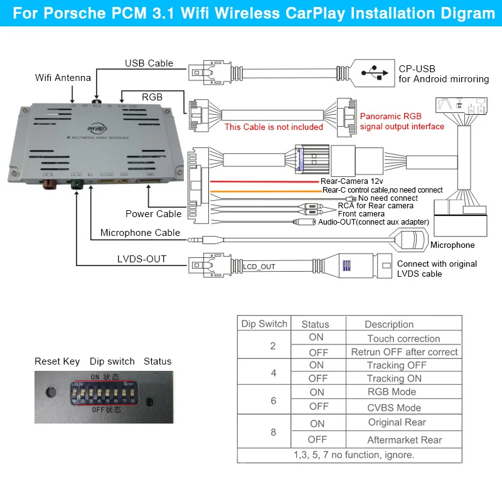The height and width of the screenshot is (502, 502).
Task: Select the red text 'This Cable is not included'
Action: click(x=274, y=127)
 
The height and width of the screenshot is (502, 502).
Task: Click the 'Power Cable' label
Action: click(x=154, y=213)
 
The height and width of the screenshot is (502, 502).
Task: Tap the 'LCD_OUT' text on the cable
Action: click(x=259, y=267)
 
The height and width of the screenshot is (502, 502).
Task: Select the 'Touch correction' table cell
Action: click(x=403, y=338)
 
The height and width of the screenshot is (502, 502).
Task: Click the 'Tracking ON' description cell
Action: click(x=394, y=378)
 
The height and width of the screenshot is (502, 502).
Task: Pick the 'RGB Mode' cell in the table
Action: click(x=392, y=392)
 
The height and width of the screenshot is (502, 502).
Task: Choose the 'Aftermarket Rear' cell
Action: click(x=405, y=440)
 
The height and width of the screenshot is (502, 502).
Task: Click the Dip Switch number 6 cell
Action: click(x=273, y=400)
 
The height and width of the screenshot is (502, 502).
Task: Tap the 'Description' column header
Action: click(x=389, y=324)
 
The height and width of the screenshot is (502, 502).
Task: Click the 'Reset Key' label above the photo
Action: click(x=57, y=361)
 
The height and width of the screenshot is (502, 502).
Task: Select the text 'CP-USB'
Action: click(x=417, y=68)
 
